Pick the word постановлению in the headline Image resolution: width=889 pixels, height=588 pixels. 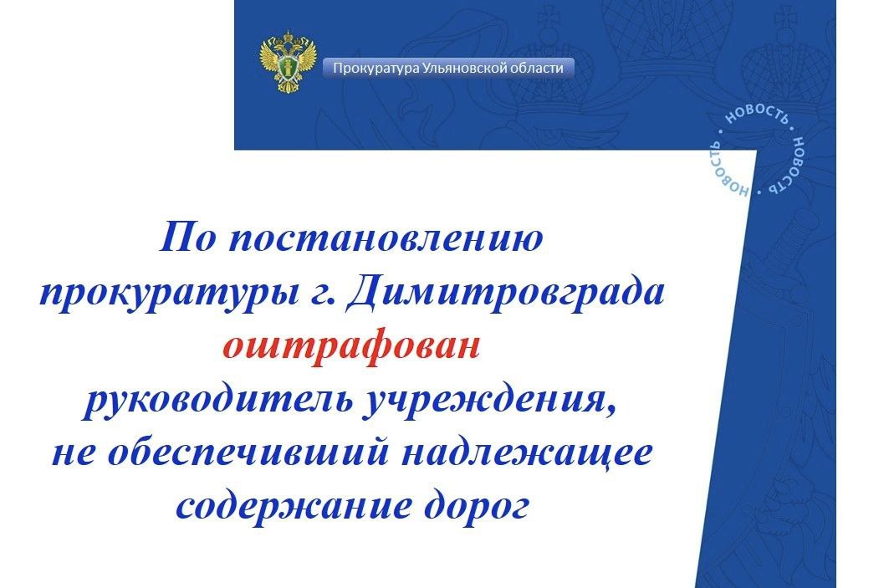coord(386,238)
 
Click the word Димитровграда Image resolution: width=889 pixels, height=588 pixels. coord(505,293)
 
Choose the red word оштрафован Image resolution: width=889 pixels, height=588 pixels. coord(351,346)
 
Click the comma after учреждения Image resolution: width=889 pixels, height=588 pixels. coord(611,412)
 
